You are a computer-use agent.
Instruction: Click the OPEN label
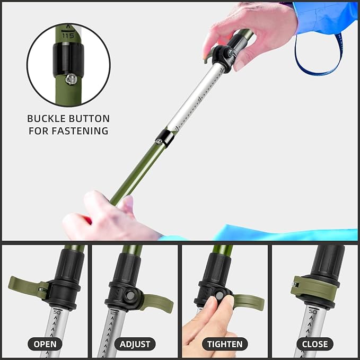45,344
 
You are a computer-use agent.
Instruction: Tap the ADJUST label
135,344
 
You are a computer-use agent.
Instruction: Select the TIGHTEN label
225,344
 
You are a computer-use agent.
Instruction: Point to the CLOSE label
314,344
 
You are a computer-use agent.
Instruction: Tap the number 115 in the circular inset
68,36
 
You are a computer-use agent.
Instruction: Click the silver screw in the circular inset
69,78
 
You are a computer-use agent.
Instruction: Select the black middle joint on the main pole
165,137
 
